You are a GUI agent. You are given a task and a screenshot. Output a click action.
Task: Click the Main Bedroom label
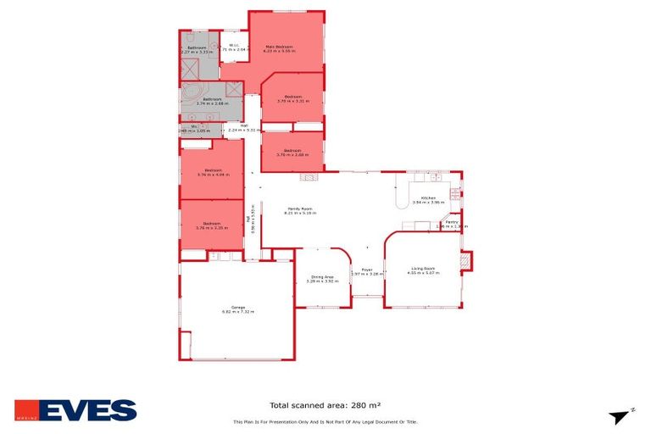[279, 46]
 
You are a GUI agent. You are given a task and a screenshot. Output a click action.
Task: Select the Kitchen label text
[428, 198]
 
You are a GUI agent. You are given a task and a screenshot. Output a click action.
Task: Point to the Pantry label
[452, 222]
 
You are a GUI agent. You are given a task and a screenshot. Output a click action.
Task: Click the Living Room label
[423, 268]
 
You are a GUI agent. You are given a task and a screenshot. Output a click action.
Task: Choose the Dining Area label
[322, 276]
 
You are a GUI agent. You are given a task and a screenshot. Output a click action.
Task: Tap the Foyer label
[367, 269]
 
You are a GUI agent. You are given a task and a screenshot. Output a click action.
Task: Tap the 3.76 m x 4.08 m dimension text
[213, 175]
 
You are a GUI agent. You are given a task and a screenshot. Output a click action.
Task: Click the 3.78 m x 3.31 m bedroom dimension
[293, 102]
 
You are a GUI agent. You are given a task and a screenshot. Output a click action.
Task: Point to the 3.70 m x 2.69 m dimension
[292, 156]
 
